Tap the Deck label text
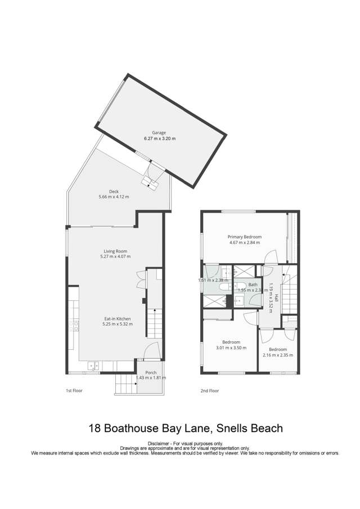pos(114,191)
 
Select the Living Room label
pos(115,251)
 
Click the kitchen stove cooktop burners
pos(73,324)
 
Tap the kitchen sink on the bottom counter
pos(93,366)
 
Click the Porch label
pos(151,373)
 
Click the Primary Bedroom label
pos(244,237)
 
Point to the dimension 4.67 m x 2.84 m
pos(244,243)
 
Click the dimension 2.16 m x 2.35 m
pos(278,355)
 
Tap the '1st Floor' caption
pos(74,390)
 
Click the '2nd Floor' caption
pos(210,390)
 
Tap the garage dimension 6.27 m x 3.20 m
pos(160,138)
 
